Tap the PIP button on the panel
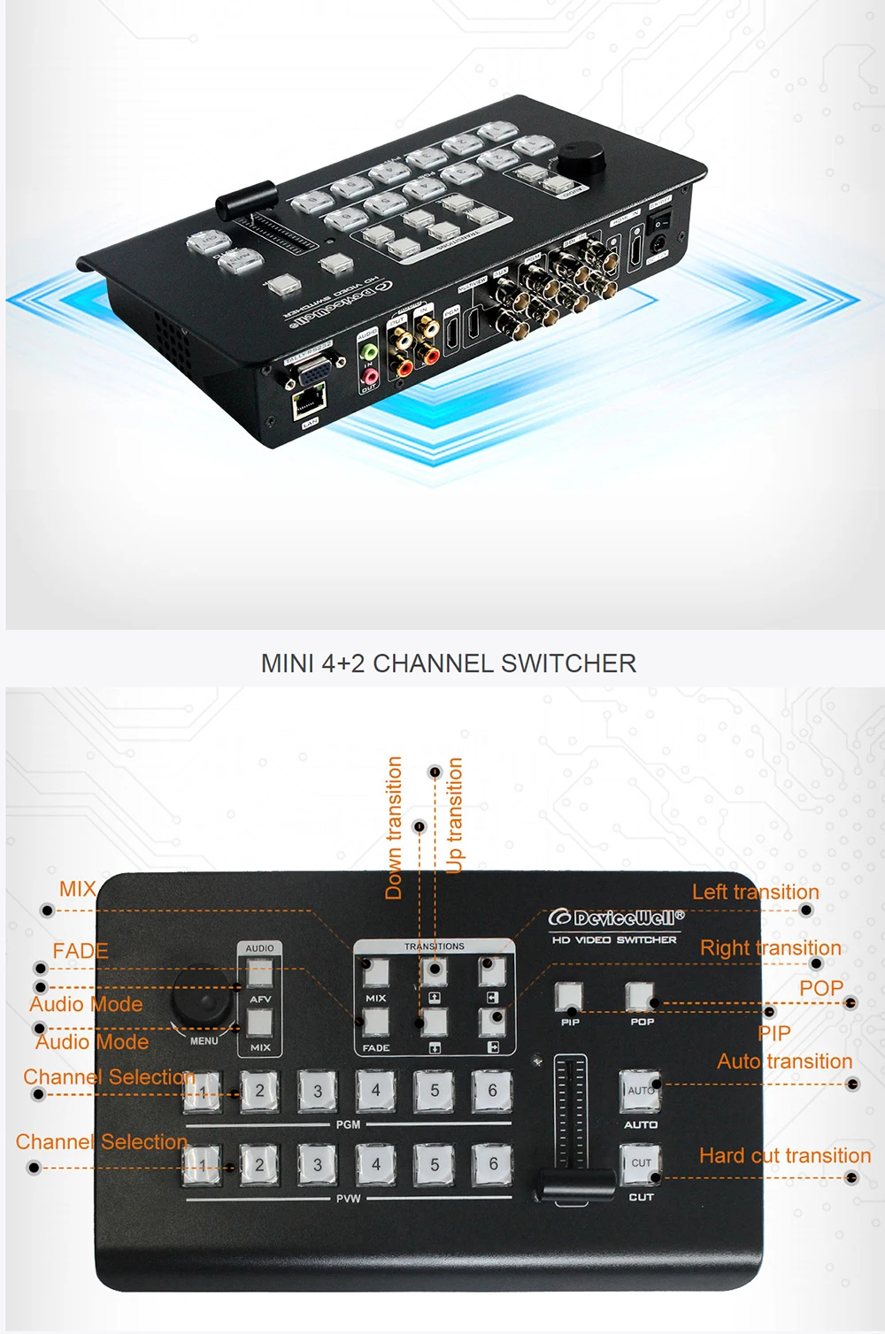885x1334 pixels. [569, 997]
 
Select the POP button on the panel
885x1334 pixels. [640, 997]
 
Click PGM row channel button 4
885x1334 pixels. [375, 1091]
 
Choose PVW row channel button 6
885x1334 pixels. [493, 1165]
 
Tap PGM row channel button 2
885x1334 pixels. [259, 1091]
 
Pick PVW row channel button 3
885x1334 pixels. [317, 1165]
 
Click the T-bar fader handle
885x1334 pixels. [574, 1184]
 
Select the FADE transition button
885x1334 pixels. [375, 1023]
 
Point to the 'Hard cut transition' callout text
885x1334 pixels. [784, 1155]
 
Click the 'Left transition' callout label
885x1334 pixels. [755, 892]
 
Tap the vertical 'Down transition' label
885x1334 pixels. [394, 828]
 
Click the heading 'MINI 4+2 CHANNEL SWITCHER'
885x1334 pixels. [448, 663]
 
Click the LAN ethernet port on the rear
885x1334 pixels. [309, 402]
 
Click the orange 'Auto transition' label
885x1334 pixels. [784, 1062]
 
